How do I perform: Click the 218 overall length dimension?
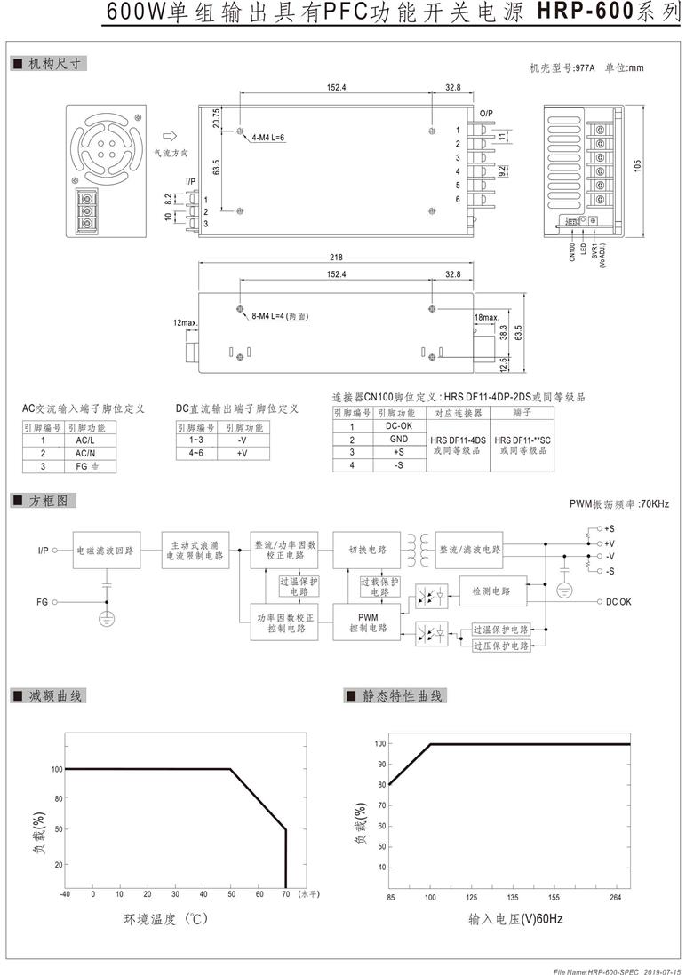pos(336,257)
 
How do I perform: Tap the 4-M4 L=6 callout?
pos(268,138)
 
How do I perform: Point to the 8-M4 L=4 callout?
pos(280,316)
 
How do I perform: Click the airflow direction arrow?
pos(170,136)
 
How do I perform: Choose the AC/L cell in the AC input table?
pos(85,440)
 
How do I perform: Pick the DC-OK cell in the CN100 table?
pos(398,426)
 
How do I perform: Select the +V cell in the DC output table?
pos(243,453)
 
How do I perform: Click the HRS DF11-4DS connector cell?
pos(459,445)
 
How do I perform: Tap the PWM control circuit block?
pos(368,622)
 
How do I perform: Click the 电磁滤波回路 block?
pos(106,551)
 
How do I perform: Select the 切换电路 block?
pos(368,550)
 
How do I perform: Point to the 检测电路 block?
pos(493,591)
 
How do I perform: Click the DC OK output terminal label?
pos(618,602)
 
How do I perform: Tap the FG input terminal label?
pos(43,602)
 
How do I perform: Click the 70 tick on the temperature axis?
pos(286,894)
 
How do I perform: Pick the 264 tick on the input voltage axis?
pos(616,897)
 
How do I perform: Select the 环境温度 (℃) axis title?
pos(165,918)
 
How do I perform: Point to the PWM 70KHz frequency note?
pos(619,503)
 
